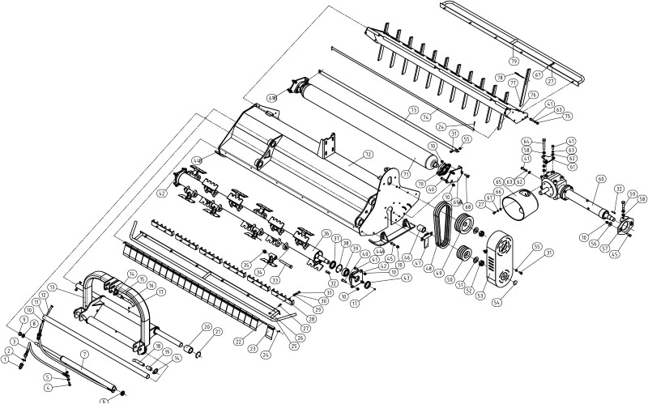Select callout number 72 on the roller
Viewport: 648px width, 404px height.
[x=368, y=154]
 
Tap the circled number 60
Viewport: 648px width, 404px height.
[x=600, y=178]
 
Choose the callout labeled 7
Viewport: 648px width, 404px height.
[x=83, y=355]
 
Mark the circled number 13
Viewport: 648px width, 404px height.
[x=51, y=287]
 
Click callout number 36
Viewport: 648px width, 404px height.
[x=326, y=234]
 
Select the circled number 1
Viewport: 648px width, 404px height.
[x=6, y=359]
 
